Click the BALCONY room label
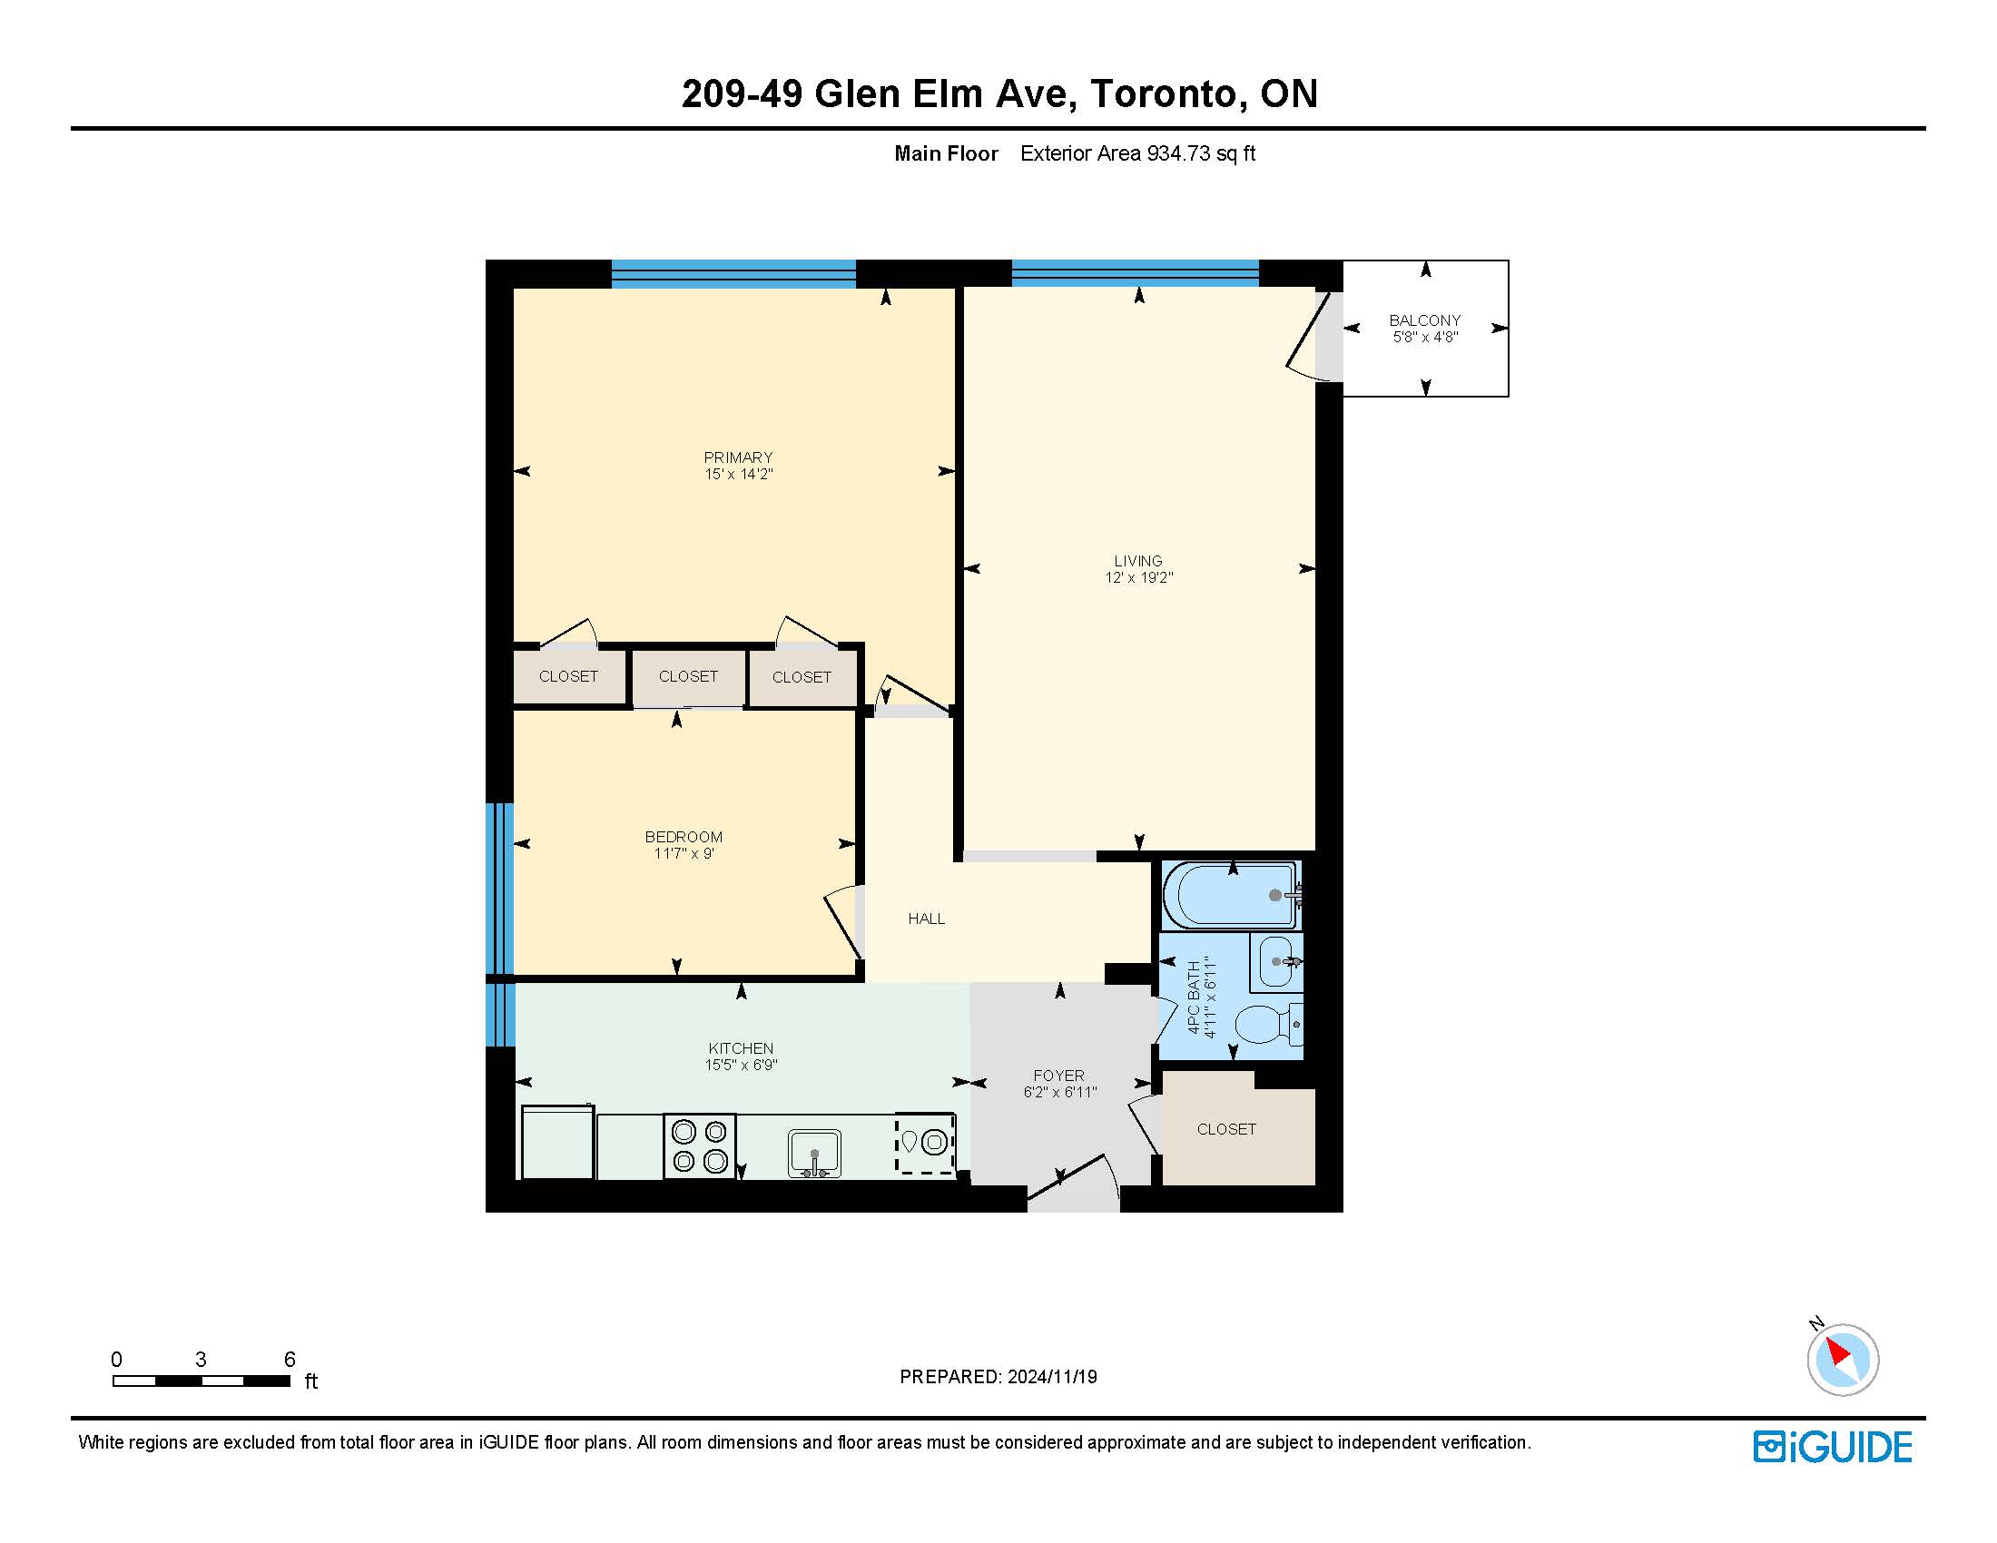(x=1424, y=319)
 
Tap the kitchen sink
(x=814, y=1154)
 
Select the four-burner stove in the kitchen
(x=700, y=1145)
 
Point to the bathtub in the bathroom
(x=1231, y=895)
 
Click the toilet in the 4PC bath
(x=1269, y=1025)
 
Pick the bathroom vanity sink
(x=1276, y=961)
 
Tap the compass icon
(x=1842, y=1359)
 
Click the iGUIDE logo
(x=1833, y=1447)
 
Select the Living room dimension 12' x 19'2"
(x=1138, y=577)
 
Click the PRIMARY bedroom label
(x=738, y=457)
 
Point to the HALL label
(x=926, y=919)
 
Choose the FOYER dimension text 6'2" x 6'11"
(x=1059, y=1091)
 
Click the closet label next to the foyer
(x=1226, y=1129)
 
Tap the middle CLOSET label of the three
(x=688, y=676)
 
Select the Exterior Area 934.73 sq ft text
(x=1137, y=153)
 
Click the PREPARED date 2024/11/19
(x=1050, y=1377)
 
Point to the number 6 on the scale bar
(x=290, y=1360)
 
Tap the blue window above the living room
(x=1135, y=272)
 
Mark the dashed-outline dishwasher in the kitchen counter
(x=925, y=1143)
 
